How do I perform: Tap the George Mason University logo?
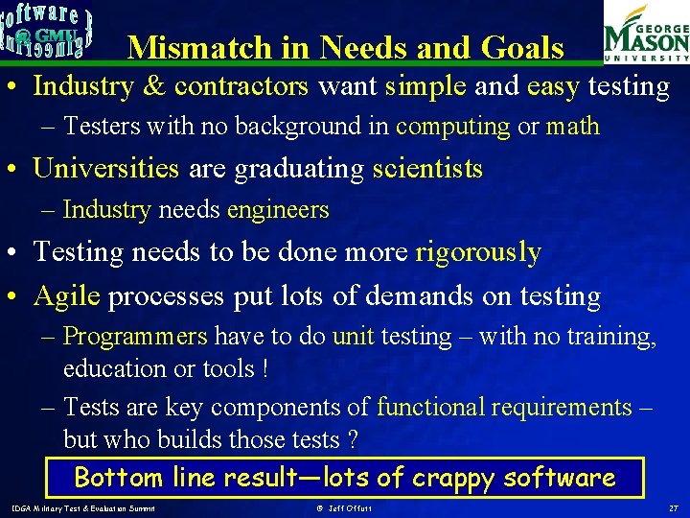coord(645,34)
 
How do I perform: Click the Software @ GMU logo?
coord(48,32)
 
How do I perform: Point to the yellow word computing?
coord(452,126)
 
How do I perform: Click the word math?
coord(572,126)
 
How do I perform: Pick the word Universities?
coord(105,169)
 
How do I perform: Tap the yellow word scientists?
coord(427,169)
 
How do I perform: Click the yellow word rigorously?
coord(478,252)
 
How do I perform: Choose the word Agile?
coord(66,296)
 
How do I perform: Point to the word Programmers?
coord(135,337)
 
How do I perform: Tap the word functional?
coord(430,407)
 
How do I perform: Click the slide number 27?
coord(674,507)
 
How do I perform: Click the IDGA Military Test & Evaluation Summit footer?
coord(83,507)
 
